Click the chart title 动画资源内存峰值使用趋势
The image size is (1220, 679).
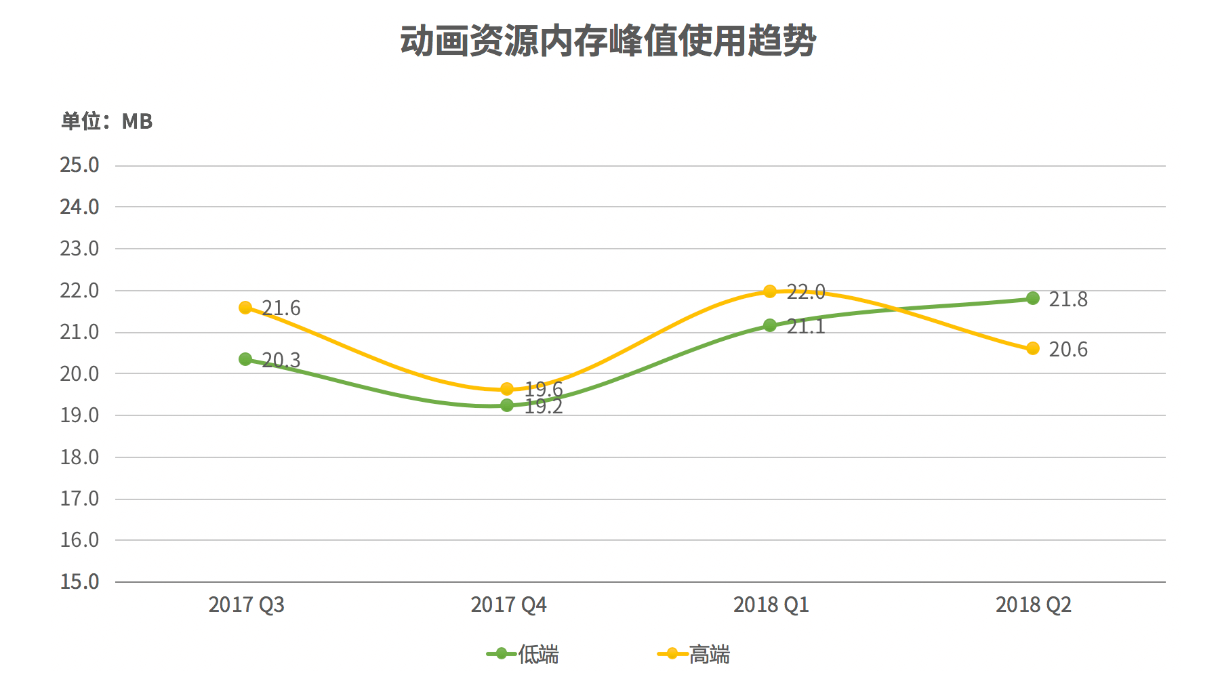(x=608, y=41)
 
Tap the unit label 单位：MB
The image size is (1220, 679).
(x=107, y=121)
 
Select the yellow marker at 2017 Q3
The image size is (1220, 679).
(x=245, y=308)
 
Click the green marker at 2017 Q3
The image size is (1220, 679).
(x=245, y=359)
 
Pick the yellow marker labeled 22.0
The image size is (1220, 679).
(x=770, y=291)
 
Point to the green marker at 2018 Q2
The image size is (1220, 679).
(x=1033, y=298)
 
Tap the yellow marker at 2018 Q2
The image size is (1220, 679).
(x=1033, y=348)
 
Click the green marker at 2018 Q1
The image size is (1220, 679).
(x=770, y=325)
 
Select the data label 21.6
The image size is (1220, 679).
(x=281, y=308)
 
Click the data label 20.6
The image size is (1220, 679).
(x=1068, y=350)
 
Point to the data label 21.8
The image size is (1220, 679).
(x=1068, y=300)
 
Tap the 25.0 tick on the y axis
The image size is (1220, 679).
(x=79, y=165)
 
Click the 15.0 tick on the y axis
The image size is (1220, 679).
(x=79, y=581)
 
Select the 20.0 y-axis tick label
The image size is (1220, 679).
(x=79, y=373)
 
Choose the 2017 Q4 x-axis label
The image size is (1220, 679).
(x=508, y=604)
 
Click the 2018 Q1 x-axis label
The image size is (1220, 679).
(x=771, y=604)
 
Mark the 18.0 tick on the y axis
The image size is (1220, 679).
(x=79, y=457)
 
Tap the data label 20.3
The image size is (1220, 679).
(x=281, y=360)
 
